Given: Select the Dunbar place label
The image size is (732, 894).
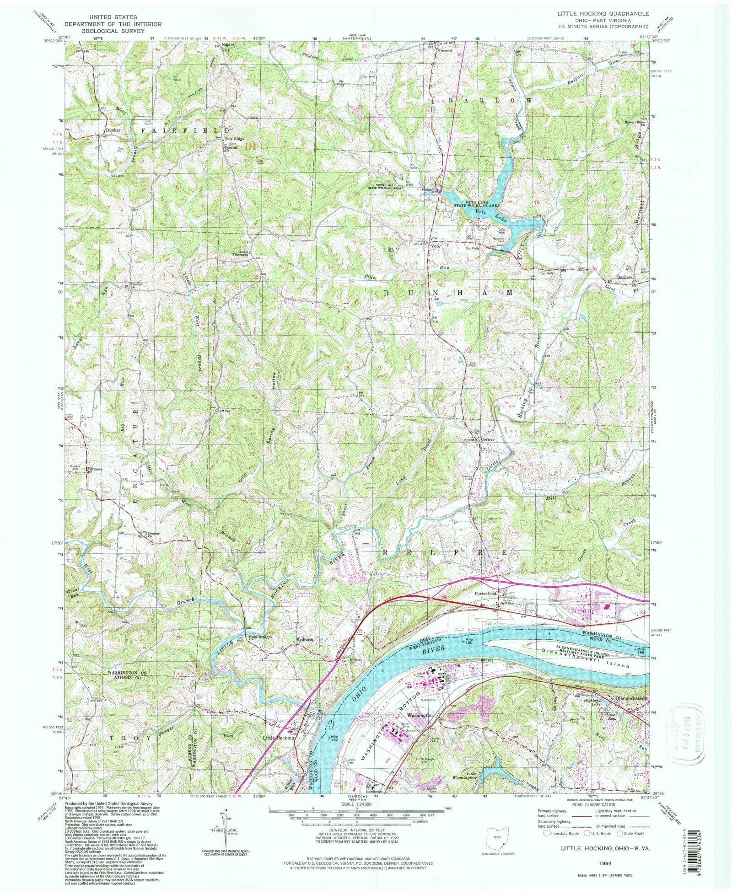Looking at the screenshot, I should point(112,130).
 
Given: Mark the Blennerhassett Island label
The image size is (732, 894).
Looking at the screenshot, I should point(586,655).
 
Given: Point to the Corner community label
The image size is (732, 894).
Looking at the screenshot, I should point(487,439).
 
